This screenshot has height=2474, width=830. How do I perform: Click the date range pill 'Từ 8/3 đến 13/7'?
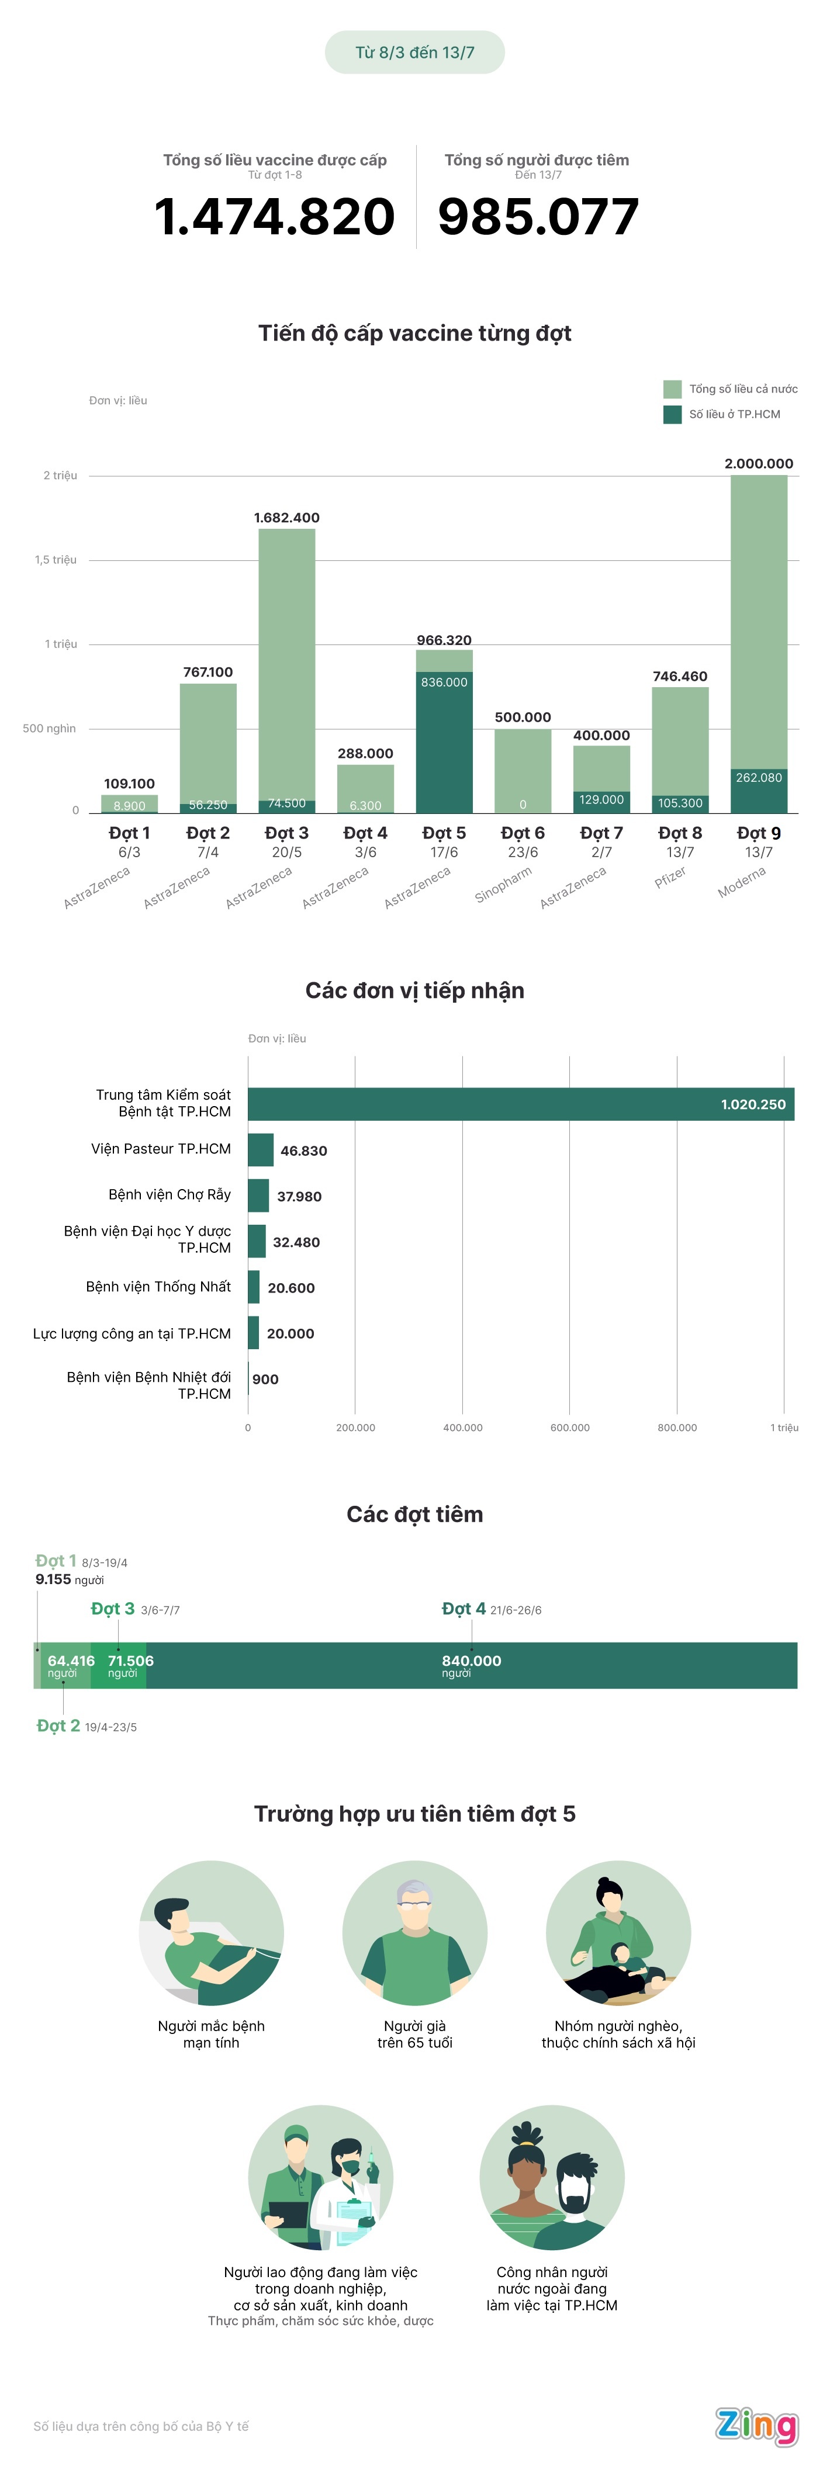[x=415, y=53]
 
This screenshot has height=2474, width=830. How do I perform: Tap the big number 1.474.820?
[x=275, y=216]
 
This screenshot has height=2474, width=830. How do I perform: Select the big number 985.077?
[x=538, y=216]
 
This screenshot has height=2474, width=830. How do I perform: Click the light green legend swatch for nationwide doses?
[x=672, y=389]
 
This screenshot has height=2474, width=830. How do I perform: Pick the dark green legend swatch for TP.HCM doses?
[x=672, y=414]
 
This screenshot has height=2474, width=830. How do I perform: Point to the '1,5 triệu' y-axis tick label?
[x=56, y=560]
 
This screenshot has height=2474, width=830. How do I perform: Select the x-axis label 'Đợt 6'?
[x=523, y=833]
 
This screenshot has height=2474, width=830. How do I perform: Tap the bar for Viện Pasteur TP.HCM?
[x=260, y=1149]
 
